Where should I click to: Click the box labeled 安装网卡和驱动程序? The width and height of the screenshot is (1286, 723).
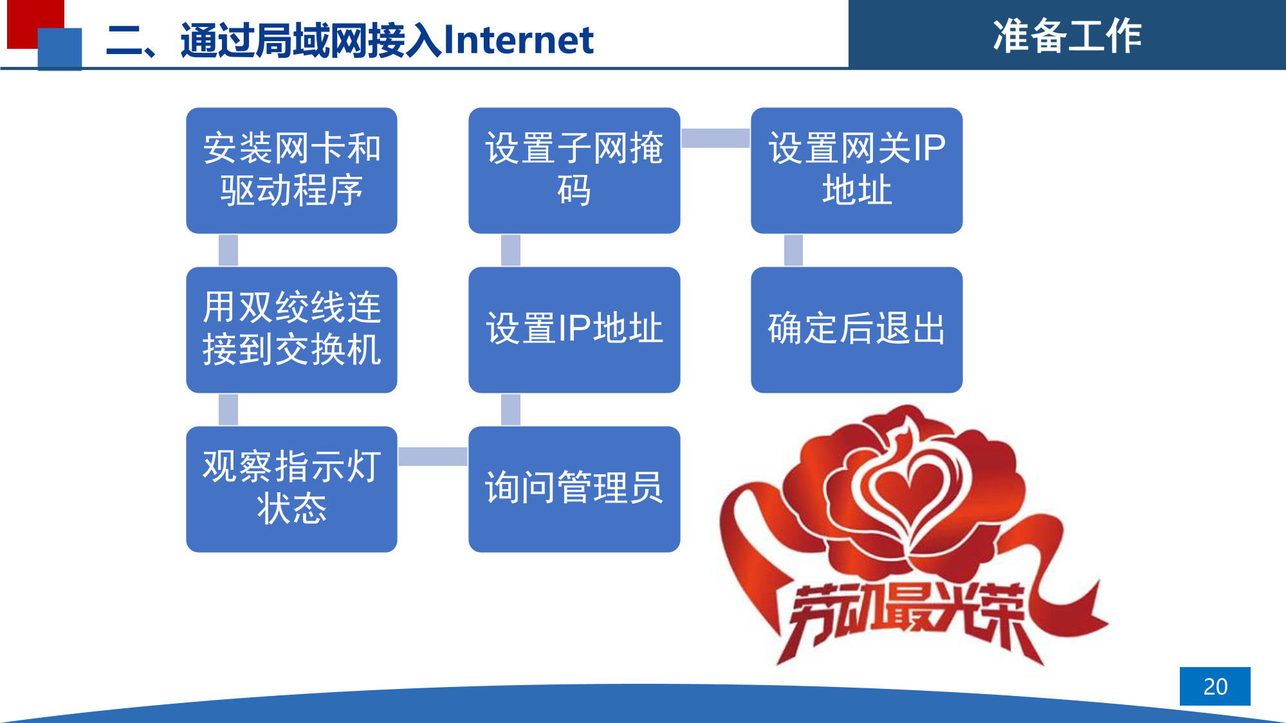[291, 170]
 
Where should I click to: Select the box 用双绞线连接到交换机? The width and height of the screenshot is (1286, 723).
[291, 330]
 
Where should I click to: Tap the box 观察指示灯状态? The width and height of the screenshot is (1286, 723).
[291, 489]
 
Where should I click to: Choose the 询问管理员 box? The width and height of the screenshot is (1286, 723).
[574, 489]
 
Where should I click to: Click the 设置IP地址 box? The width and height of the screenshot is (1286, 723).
[574, 330]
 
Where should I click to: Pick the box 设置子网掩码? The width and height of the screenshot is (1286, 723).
[574, 170]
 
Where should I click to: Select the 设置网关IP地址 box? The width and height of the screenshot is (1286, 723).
[856, 170]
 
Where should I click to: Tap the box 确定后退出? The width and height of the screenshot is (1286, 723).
[856, 330]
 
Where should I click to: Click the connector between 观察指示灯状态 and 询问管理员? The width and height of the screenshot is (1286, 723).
[433, 456]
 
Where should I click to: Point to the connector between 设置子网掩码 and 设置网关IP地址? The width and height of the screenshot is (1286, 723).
[715, 138]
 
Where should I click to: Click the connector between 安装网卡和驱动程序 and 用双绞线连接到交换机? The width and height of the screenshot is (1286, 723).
[228, 250]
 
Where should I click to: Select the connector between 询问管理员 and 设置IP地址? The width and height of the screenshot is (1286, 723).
[511, 409]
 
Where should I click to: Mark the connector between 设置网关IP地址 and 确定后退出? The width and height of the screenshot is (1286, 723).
[793, 250]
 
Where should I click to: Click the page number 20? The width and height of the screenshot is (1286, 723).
[1215, 686]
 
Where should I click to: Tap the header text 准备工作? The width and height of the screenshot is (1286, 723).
[1067, 35]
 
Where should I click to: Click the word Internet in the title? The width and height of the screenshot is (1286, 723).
[519, 40]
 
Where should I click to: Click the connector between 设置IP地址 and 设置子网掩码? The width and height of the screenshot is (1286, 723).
[511, 250]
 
